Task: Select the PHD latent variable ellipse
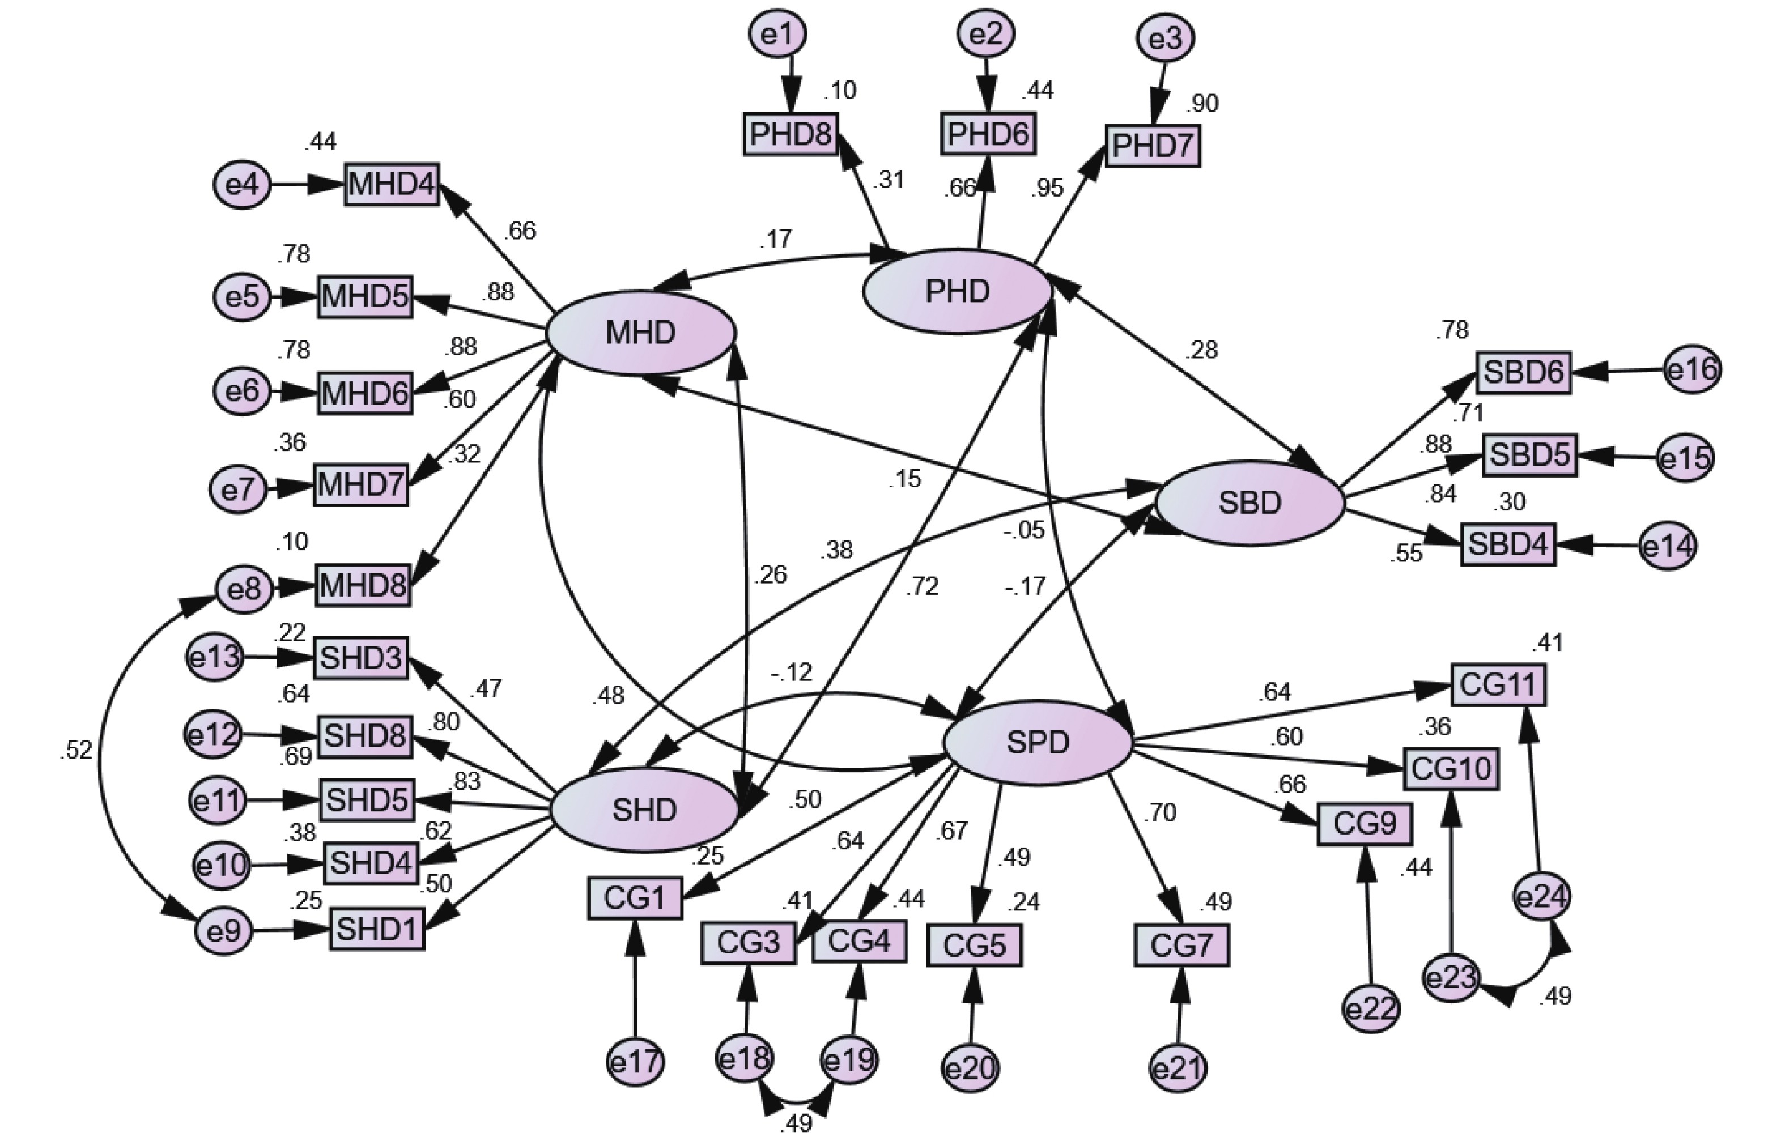(x=957, y=291)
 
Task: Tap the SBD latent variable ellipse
(x=1250, y=503)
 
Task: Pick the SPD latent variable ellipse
(x=1038, y=742)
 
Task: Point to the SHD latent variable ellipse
(x=645, y=810)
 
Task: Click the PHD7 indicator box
(x=1153, y=147)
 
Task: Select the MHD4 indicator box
(x=392, y=185)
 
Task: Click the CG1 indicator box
(x=635, y=898)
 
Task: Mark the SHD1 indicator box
(x=377, y=929)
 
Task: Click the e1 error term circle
(x=777, y=34)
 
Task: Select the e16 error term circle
(x=1692, y=369)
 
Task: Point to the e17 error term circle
(x=635, y=1062)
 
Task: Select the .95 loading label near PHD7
(x=1047, y=188)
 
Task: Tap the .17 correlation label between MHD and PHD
(x=775, y=239)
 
